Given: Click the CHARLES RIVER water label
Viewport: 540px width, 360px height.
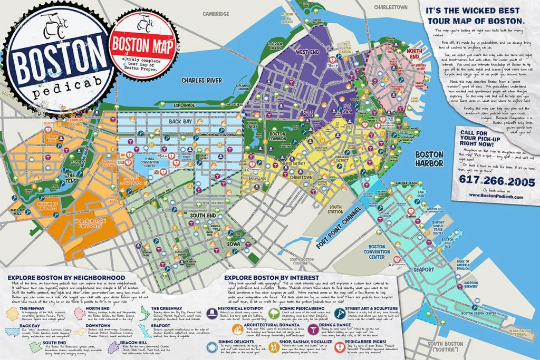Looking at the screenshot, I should point(201,80).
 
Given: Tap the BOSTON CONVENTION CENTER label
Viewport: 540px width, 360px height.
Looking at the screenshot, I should point(377,254).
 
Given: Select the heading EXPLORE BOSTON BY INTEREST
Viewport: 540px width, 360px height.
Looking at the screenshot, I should point(272,277).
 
